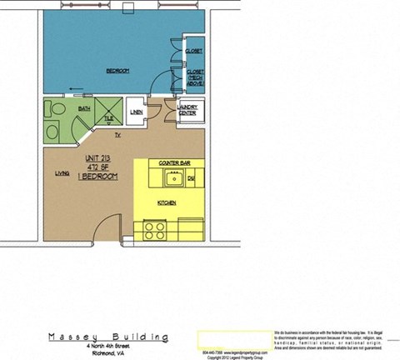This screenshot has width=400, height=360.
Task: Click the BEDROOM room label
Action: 117,71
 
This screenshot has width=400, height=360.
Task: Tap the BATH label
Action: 84,108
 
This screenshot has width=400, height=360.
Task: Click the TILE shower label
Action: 108,119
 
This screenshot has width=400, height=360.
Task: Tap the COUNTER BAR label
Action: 173,162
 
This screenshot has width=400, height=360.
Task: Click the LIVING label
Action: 62,173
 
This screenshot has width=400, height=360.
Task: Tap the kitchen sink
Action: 174,177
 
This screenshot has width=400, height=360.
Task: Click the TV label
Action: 117,134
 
